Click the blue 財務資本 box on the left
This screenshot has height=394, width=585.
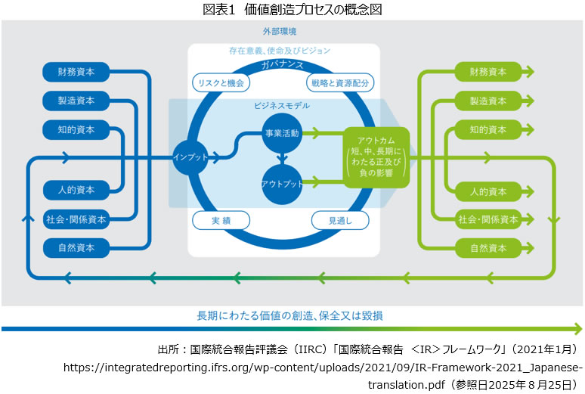click(76, 73)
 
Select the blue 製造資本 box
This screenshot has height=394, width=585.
click(76, 101)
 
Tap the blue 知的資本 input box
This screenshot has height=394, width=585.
click(76, 129)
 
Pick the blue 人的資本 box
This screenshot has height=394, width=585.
click(76, 191)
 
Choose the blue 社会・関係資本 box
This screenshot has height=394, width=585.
click(76, 219)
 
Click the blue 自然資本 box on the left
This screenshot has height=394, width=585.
click(76, 247)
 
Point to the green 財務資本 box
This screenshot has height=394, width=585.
click(487, 73)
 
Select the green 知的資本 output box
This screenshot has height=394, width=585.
click(487, 129)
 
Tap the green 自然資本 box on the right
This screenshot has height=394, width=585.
click(487, 247)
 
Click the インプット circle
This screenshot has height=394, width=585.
click(190, 157)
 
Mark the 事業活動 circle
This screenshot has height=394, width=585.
click(281, 132)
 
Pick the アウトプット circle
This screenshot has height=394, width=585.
click(281, 184)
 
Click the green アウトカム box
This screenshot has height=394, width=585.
click(376, 157)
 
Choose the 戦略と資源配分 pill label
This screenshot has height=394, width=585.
click(340, 82)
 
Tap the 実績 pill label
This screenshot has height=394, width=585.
click(221, 220)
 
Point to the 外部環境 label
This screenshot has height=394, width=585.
click(279, 32)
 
